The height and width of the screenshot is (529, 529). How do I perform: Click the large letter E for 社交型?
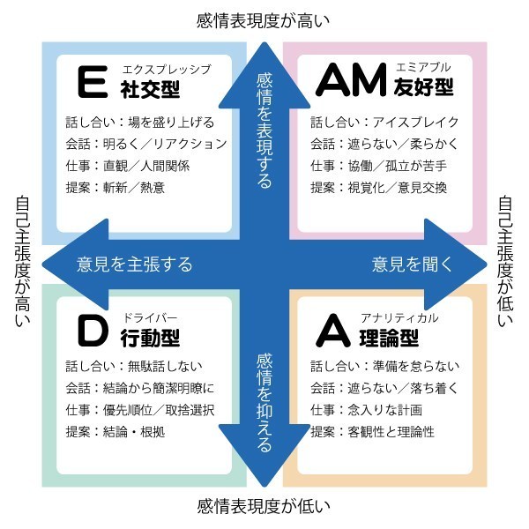[88, 82]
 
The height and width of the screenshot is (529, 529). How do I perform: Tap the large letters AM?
[350, 81]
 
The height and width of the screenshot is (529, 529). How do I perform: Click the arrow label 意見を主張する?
[134, 264]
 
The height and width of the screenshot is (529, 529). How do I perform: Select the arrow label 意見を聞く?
[412, 264]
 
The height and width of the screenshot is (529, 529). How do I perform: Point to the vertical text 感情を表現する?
[264, 130]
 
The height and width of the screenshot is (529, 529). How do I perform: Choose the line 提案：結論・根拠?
[115, 432]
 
